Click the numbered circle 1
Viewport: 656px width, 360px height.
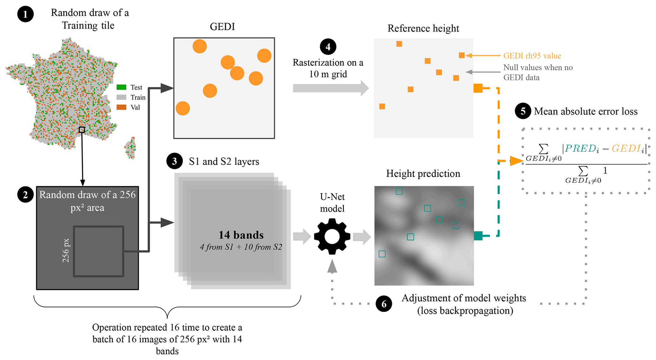(25, 14)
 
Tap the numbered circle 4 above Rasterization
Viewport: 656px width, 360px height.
(328, 47)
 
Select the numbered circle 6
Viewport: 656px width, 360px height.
(384, 304)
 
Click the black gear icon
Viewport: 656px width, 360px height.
(332, 236)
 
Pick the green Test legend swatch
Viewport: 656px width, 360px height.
(121, 87)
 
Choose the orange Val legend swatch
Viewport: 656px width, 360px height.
(121, 107)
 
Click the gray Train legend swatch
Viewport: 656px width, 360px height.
(121, 97)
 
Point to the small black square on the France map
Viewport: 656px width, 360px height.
(82, 130)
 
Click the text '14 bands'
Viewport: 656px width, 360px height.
(241, 235)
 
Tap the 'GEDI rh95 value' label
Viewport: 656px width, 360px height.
(532, 56)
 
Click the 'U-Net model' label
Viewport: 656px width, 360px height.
(332, 203)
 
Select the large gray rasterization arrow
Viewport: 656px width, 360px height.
(330, 88)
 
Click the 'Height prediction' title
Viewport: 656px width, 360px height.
(423, 173)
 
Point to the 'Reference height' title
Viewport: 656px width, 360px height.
(423, 28)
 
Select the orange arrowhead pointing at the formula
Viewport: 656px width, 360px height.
(516, 161)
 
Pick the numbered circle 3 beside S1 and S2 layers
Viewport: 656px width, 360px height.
(174, 161)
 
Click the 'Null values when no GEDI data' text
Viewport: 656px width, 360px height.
(538, 72)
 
